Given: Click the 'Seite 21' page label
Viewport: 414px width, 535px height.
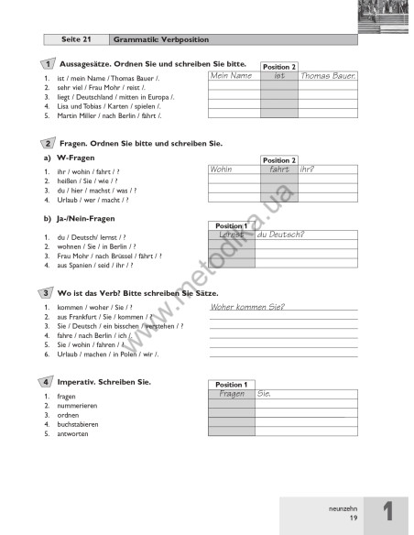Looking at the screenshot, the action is point(77,40).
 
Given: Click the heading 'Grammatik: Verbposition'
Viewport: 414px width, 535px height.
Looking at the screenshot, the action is point(160,40).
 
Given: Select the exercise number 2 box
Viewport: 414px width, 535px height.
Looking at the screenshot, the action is point(47,144).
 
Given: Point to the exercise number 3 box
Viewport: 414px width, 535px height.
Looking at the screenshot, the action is point(47,292).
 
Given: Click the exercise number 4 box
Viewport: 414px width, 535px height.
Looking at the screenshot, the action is point(47,381).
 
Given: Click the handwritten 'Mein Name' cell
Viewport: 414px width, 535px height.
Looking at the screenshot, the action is point(231,76).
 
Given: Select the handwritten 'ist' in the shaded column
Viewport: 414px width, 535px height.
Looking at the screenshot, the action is point(279,76).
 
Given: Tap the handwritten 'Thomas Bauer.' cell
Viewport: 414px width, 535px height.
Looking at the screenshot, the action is point(327,76).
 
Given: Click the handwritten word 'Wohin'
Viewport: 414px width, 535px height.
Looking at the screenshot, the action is point(222,169).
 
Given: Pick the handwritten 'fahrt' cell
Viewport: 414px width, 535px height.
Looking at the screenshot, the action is point(279,169).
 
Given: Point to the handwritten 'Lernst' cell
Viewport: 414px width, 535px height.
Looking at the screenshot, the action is point(231,235).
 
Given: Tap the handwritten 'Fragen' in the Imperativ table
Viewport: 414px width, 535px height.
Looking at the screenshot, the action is point(231,393).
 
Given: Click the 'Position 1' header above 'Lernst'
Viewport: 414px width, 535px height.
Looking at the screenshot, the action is point(231,225).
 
